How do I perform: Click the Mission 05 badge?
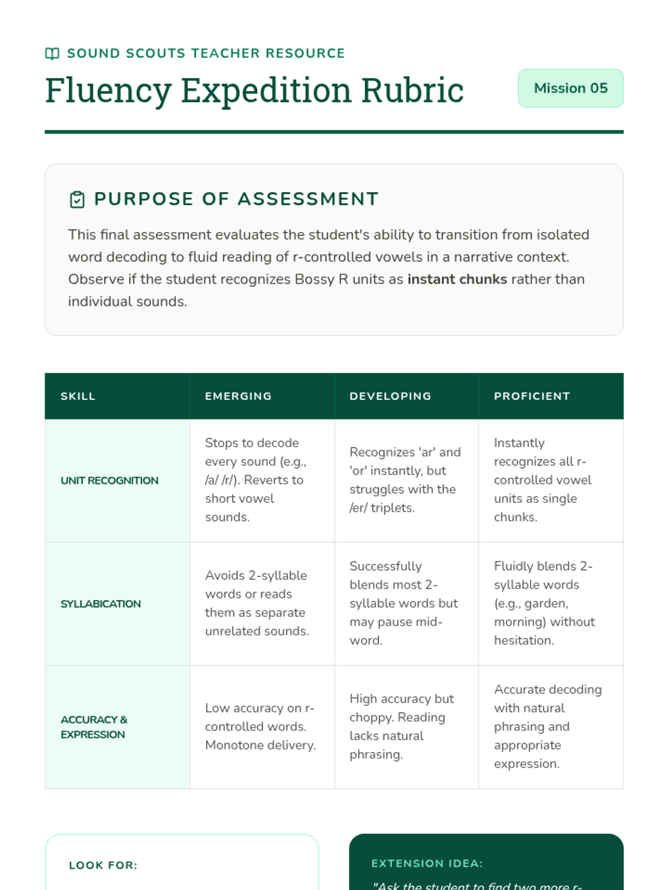(x=570, y=88)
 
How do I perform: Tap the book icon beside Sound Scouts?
(x=52, y=53)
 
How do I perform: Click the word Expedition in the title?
(x=266, y=91)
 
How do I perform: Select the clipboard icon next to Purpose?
(x=77, y=199)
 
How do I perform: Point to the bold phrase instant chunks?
(x=457, y=279)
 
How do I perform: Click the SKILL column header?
(x=78, y=396)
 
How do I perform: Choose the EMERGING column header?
(x=238, y=396)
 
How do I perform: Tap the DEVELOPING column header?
(x=390, y=396)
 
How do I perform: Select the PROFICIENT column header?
(x=532, y=396)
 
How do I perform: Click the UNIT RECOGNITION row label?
(x=110, y=481)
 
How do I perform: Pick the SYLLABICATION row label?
(x=101, y=604)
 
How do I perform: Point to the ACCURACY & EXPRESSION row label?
(x=94, y=727)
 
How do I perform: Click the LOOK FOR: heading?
(x=103, y=866)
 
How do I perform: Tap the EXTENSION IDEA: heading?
(x=427, y=864)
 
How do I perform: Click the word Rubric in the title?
(x=412, y=91)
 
